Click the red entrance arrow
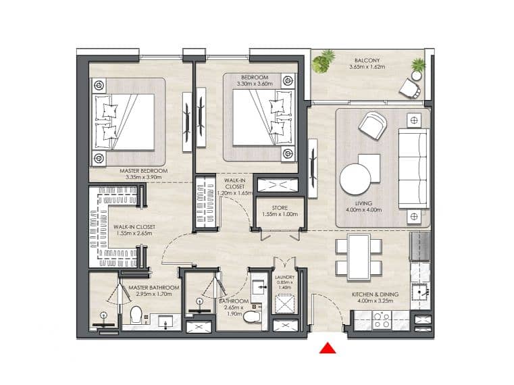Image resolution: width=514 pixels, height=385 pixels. point(328,349)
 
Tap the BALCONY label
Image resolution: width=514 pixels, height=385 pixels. point(367,60)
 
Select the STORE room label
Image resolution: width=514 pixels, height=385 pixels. point(280,208)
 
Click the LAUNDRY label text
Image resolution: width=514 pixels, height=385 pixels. point(284,278)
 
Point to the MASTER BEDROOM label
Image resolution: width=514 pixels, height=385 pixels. point(144,171)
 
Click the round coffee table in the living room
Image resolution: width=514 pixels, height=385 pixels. point(355,180)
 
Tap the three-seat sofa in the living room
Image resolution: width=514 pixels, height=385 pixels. point(413,169)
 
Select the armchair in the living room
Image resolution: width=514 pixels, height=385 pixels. point(373,125)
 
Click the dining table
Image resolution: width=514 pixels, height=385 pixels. point(359,257)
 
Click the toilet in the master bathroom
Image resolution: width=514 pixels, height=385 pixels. point(135,315)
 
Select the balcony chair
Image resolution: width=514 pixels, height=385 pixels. point(409,88)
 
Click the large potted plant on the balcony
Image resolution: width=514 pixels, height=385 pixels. point(323,61)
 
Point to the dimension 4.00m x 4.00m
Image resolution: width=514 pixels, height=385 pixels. point(363,209)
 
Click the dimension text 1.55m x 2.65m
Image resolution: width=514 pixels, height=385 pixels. point(134,234)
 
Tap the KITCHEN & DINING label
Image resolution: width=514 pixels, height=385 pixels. point(376,294)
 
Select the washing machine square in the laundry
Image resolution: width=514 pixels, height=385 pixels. point(285,304)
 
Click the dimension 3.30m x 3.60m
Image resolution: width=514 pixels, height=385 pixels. point(255,84)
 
